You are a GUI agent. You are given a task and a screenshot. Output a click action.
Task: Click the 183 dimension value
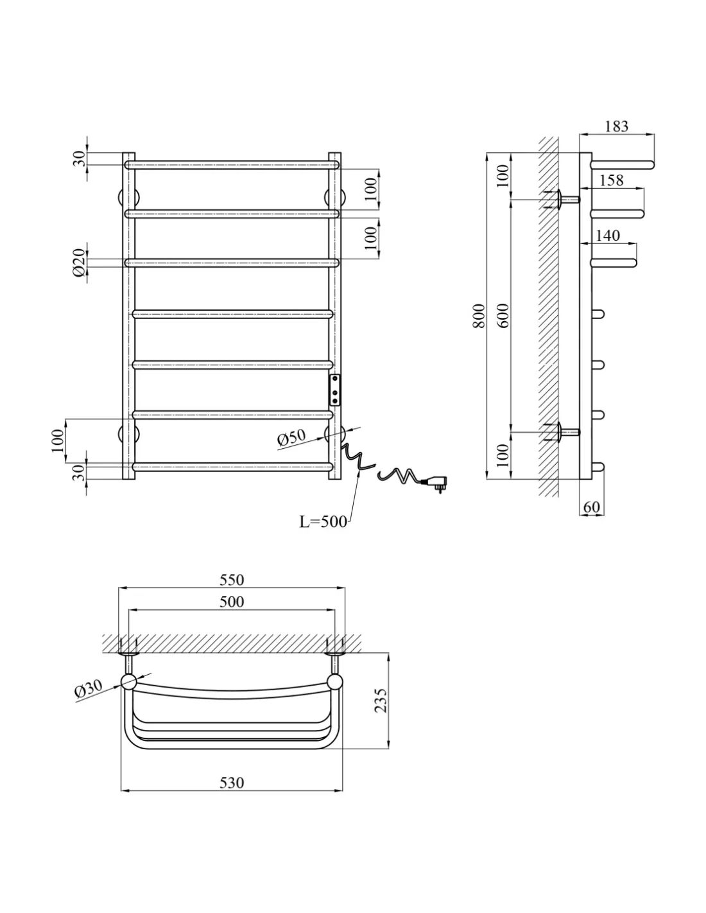point(617,126)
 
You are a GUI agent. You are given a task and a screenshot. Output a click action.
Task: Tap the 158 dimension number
point(611,180)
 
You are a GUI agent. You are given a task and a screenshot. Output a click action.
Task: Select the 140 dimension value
point(608,235)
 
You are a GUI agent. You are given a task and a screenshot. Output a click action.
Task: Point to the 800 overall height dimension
point(479,315)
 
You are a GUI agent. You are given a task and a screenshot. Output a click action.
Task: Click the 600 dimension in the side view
point(504,315)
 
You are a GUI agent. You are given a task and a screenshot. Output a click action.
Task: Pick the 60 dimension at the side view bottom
point(591,507)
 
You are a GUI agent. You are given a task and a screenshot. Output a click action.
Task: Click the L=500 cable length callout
point(323,522)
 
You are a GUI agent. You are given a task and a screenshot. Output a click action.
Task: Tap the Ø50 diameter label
point(291,438)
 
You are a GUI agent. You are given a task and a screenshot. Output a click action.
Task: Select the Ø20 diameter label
point(79,263)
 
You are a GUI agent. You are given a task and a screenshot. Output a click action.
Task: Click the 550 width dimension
point(232,580)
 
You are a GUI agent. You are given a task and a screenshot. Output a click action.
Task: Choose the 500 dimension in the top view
point(232,602)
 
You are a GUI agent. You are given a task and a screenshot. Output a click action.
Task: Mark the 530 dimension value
point(232,783)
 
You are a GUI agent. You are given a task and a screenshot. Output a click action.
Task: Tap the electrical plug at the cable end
point(435,482)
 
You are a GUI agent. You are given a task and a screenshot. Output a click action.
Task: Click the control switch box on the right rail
point(335,390)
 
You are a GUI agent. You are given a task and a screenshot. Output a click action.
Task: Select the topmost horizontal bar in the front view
point(232,165)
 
